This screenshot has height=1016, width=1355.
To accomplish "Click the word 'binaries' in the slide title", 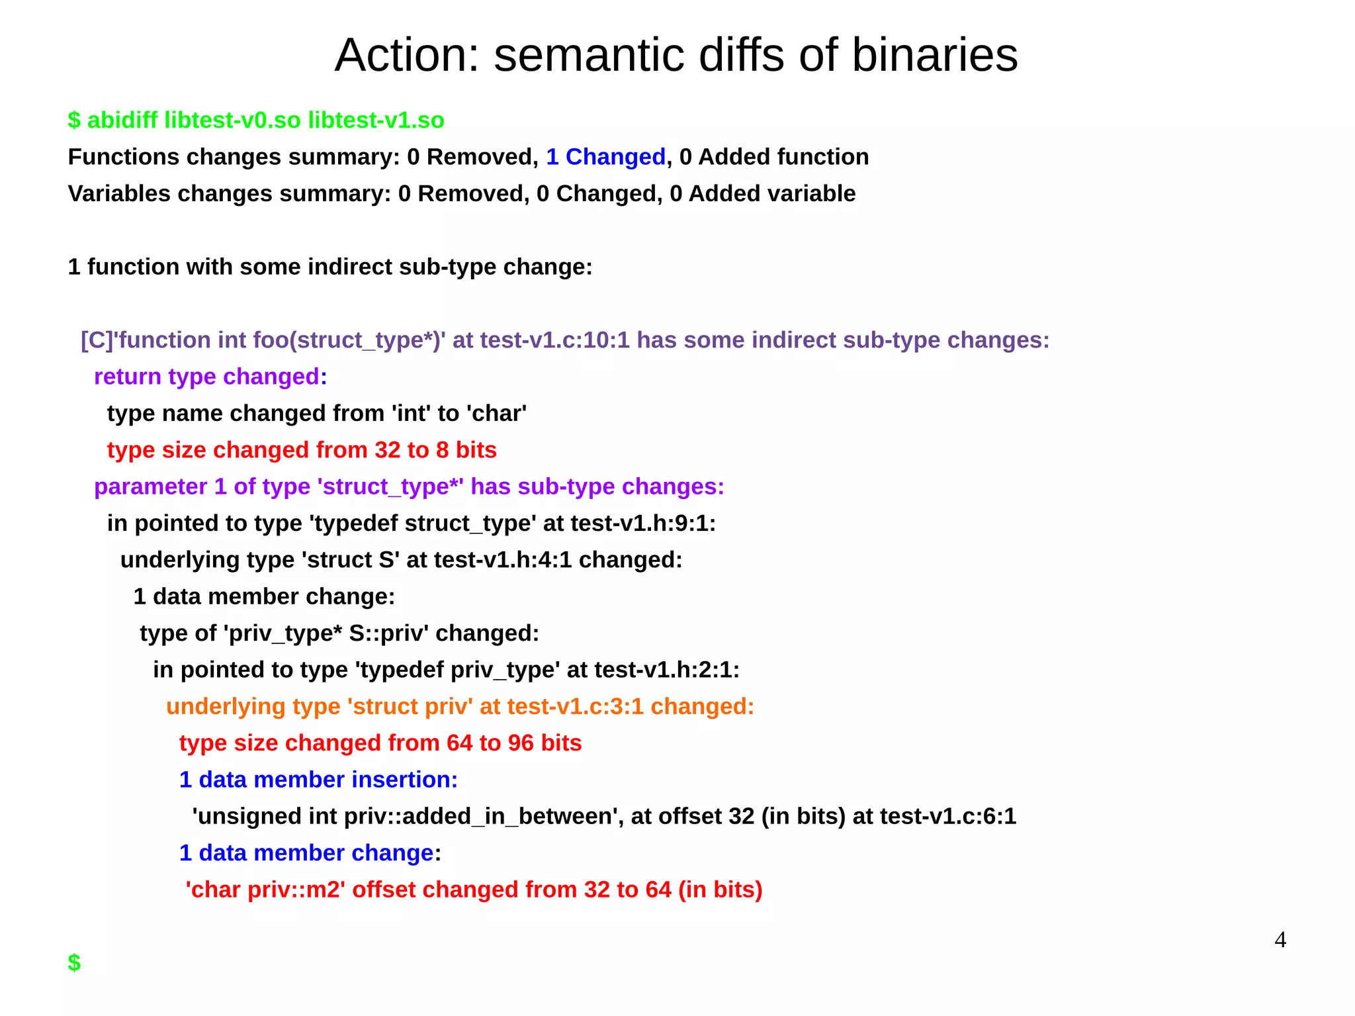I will [934, 55].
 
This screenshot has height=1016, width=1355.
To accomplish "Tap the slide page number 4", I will [1280, 939].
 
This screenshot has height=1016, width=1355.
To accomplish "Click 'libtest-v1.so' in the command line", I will [376, 120].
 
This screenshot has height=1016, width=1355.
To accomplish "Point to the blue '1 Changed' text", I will [605, 157].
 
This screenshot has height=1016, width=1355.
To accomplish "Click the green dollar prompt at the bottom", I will [74, 962].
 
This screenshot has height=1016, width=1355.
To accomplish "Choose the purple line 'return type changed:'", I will [210, 377].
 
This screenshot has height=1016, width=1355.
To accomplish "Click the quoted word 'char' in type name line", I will [496, 414].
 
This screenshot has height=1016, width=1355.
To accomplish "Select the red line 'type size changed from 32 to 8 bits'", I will [302, 450].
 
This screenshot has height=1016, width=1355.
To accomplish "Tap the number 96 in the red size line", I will [521, 743].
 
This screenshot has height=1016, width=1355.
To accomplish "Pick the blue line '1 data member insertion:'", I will [318, 780].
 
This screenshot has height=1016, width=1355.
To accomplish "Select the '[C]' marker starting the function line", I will [97, 340].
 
